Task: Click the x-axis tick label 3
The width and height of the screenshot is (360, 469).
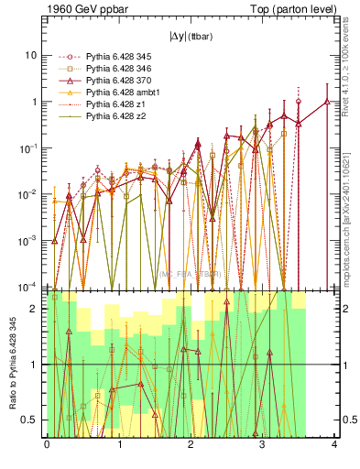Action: pos(262,445)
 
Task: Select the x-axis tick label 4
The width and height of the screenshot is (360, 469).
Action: pos(334,445)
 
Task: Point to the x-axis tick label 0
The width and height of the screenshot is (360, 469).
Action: pos(47,445)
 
